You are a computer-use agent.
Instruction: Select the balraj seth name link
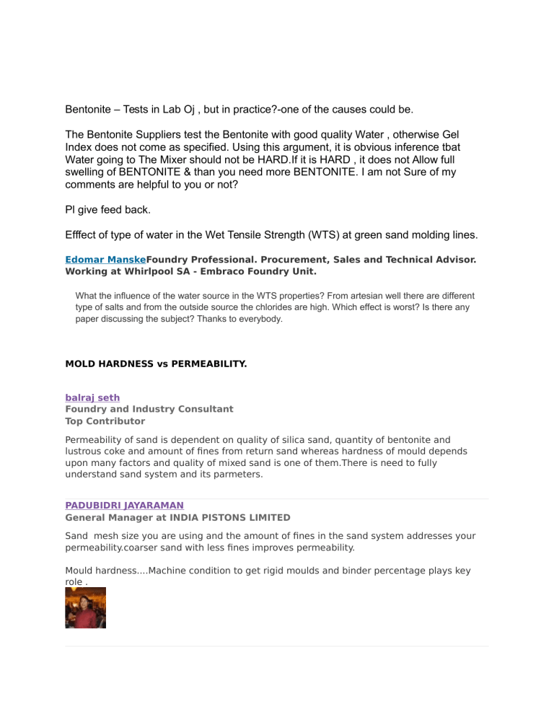coord(92,397)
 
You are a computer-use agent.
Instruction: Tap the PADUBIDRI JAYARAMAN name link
coord(124,506)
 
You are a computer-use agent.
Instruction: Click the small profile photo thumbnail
coord(85,607)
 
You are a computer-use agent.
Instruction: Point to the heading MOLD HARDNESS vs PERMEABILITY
coord(156,364)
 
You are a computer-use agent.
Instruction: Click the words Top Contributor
coord(105,421)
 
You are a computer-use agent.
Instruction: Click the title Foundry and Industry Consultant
coord(149,408)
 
